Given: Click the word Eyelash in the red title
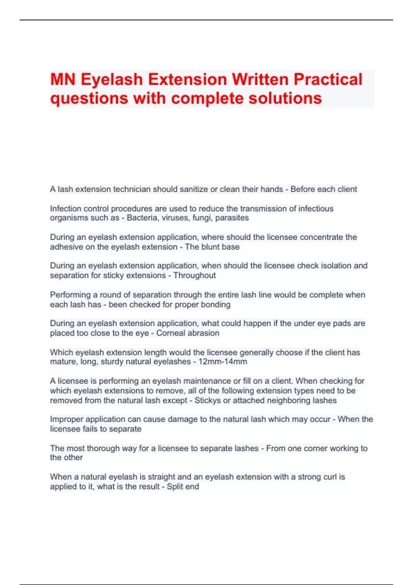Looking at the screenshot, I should point(112,79).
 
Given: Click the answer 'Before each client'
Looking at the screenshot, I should point(324,189).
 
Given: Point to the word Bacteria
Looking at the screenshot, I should point(141,218).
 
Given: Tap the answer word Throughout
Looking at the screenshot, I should point(194,275).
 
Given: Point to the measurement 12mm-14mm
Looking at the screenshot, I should point(223,362).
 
